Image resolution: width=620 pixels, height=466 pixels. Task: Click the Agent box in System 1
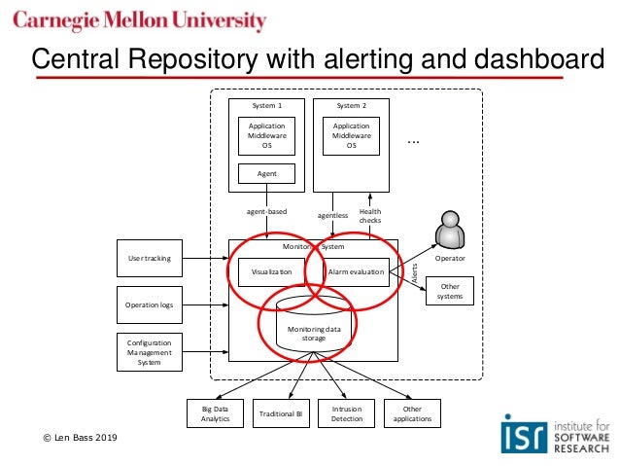[x=267, y=173]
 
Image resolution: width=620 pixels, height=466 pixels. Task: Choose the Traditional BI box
[x=281, y=414]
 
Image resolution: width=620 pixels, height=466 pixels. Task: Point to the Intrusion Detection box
[x=347, y=413]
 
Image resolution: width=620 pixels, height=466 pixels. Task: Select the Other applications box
[x=413, y=413]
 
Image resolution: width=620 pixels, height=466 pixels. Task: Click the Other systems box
[x=450, y=291]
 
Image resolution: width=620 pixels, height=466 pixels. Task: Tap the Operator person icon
[x=450, y=232]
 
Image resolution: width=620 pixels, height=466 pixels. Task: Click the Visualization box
[x=272, y=272]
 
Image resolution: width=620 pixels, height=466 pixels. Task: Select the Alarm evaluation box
[x=357, y=272]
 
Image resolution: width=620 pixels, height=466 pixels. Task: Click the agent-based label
[x=267, y=211]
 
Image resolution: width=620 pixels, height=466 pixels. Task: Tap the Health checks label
[x=370, y=216]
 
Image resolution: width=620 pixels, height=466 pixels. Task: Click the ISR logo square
[x=518, y=432]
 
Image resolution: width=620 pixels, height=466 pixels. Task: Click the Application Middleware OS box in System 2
[x=352, y=135]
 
